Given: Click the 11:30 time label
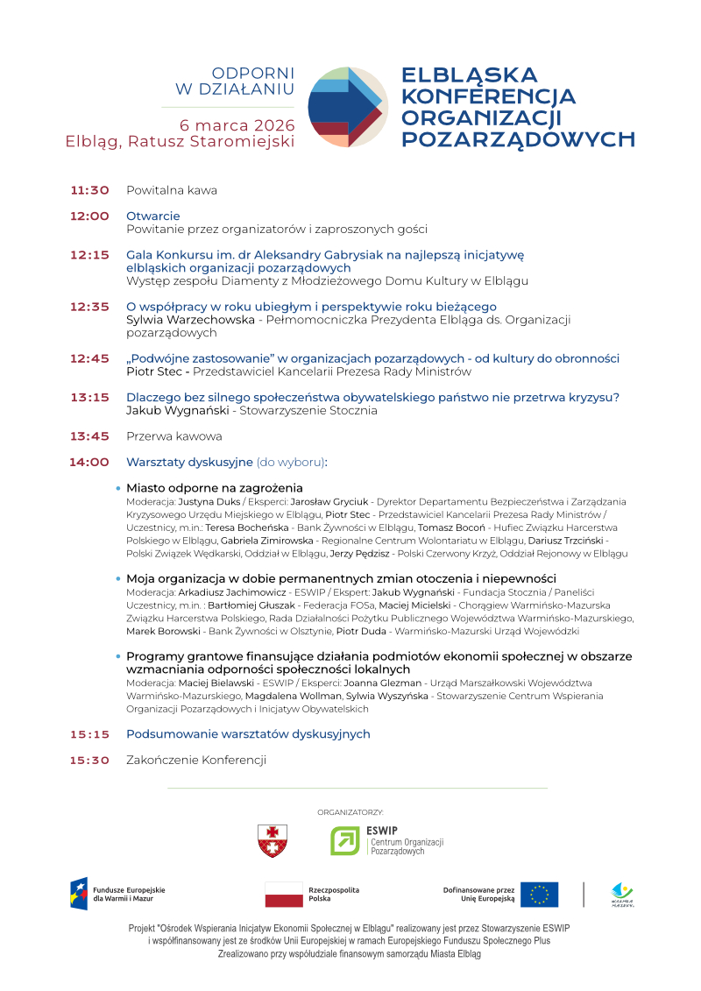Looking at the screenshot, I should coord(89,190).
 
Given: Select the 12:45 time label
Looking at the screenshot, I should coord(89,358).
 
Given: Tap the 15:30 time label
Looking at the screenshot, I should coord(89,761).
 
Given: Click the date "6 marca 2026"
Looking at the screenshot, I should coord(237,124).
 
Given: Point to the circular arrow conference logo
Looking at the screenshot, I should coord(348,106).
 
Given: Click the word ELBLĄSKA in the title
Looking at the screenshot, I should coord(469,75).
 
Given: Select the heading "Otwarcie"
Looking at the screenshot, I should coord(153,216).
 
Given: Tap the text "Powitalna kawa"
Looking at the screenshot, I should coord(172,190).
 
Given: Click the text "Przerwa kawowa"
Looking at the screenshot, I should coord(174,436).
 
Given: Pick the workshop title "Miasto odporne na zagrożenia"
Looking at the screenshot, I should coord(215,487).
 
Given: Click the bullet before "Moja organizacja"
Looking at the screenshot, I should coord(118,579).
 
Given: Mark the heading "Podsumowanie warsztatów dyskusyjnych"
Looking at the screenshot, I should coord(248,734).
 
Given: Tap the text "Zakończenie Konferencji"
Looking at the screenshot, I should coord(196,761).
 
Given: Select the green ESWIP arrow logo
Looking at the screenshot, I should coord(344,841).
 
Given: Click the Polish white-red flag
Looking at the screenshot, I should coord(284,895).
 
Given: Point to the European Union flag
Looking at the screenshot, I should coord(539,895).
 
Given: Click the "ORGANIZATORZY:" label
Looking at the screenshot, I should coord(350,813).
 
